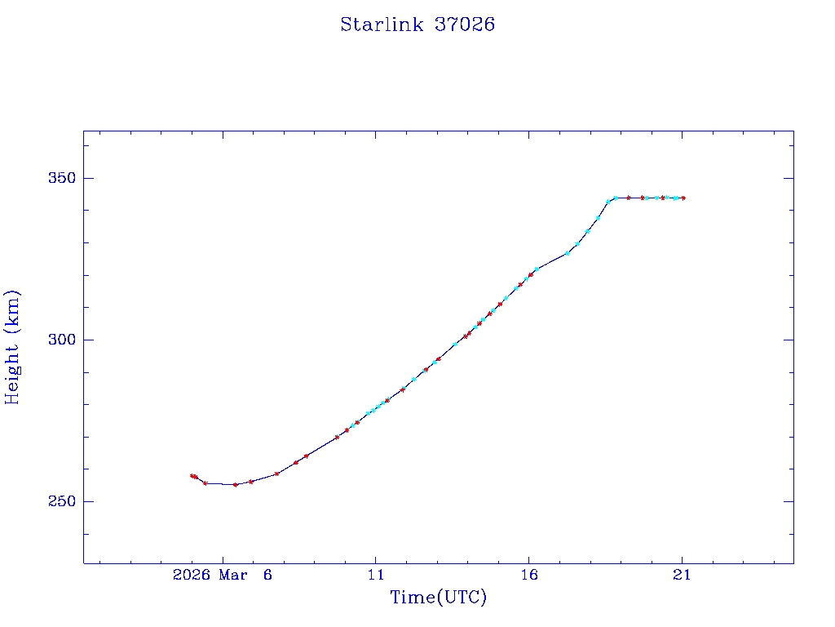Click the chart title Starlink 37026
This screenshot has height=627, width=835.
tap(417, 24)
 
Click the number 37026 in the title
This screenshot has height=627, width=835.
tap(465, 24)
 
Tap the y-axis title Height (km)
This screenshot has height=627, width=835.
tap(12, 347)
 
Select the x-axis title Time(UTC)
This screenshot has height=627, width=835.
tap(438, 598)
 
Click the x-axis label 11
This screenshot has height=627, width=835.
tap(375, 576)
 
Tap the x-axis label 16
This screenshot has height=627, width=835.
tap(528, 576)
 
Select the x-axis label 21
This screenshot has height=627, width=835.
tap(683, 576)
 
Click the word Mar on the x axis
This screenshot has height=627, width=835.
tap(234, 576)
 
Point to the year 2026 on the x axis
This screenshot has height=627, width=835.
tap(192, 576)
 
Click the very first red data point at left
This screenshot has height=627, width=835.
tap(192, 475)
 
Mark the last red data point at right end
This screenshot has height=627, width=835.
tap(683, 198)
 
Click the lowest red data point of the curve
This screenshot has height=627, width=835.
tap(236, 485)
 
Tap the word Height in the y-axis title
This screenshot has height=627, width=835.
tap(12, 372)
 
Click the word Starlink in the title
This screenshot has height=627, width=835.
tap(382, 24)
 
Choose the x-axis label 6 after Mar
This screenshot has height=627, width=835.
tap(267, 576)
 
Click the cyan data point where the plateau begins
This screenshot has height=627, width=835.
tap(615, 198)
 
